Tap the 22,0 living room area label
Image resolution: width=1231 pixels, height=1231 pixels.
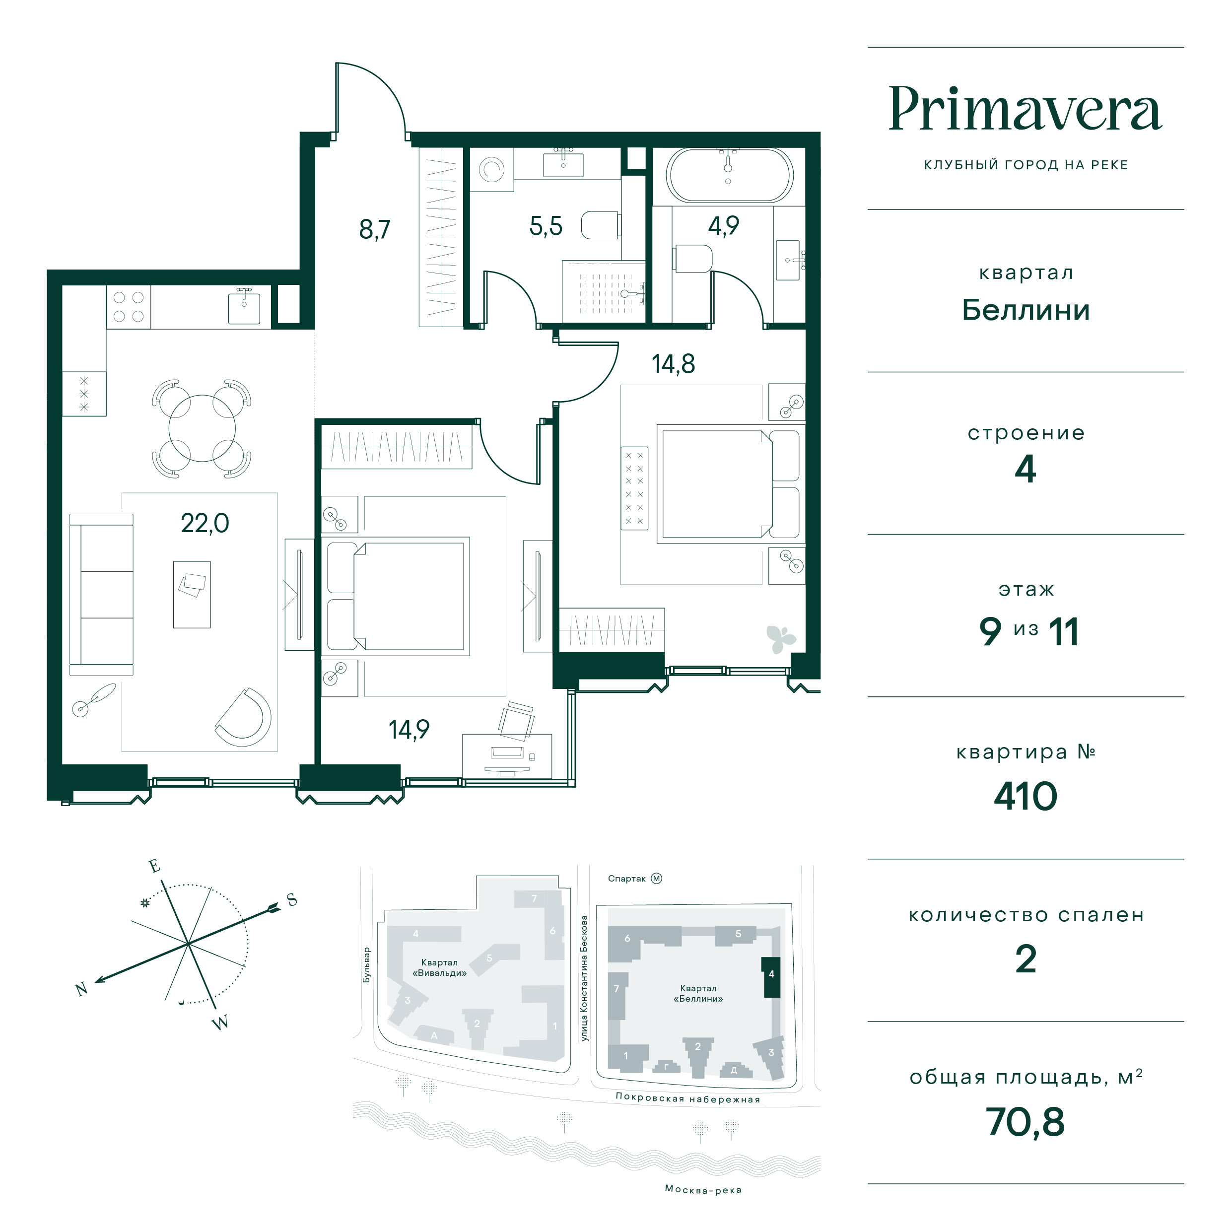pyautogui.click(x=205, y=524)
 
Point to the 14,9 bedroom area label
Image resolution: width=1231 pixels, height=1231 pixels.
pyautogui.click(x=409, y=730)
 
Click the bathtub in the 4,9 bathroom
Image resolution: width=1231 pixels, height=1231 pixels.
pyautogui.click(x=730, y=176)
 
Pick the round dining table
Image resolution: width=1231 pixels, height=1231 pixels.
pyautogui.click(x=202, y=428)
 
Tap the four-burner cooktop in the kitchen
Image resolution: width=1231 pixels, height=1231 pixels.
pyautogui.click(x=128, y=307)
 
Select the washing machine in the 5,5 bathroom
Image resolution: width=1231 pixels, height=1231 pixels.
pyautogui.click(x=491, y=169)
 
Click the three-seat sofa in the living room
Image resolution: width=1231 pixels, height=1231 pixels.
pyautogui.click(x=101, y=595)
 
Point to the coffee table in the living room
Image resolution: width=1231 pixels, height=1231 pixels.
pyautogui.click(x=192, y=595)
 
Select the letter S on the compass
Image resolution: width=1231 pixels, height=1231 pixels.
pyautogui.click(x=292, y=900)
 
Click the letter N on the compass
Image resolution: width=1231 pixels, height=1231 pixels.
pyautogui.click(x=81, y=989)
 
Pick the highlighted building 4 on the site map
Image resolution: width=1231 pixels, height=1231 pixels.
pyautogui.click(x=771, y=977)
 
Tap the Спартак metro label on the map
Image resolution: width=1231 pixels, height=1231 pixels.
pyautogui.click(x=626, y=879)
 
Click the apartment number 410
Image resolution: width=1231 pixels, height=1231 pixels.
pyautogui.click(x=1025, y=797)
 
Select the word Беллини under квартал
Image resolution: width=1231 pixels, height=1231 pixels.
pyautogui.click(x=1025, y=310)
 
